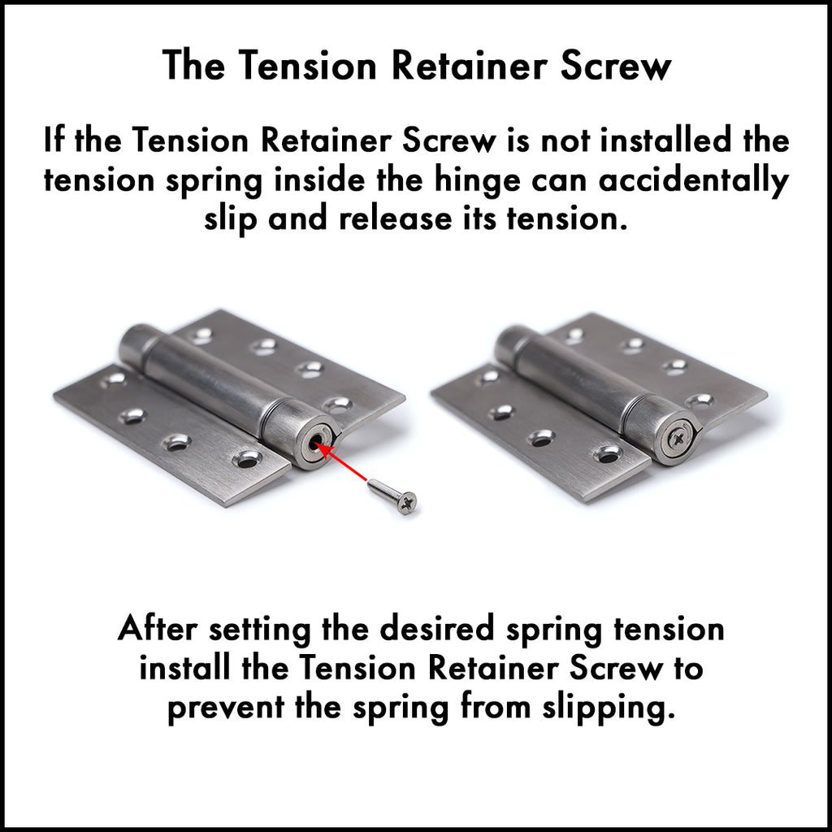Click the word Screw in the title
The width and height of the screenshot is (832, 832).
[x=616, y=66]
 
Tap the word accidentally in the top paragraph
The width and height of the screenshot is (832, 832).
[x=694, y=181]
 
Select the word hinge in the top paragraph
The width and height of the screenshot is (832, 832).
[x=478, y=181]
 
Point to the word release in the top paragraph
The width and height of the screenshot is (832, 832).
[x=396, y=219]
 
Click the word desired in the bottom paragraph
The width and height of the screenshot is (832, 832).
[x=436, y=629]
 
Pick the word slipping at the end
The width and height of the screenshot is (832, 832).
[x=609, y=708]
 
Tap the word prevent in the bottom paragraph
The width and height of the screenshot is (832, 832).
[x=226, y=708]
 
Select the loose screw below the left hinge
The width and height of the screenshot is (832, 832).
[x=392, y=496]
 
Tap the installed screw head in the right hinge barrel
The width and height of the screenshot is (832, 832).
[x=678, y=439]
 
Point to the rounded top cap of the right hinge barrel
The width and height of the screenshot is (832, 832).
[x=510, y=344]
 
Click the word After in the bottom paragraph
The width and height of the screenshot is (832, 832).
[x=158, y=629]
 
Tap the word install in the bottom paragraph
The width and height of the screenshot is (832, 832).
[x=184, y=668]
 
